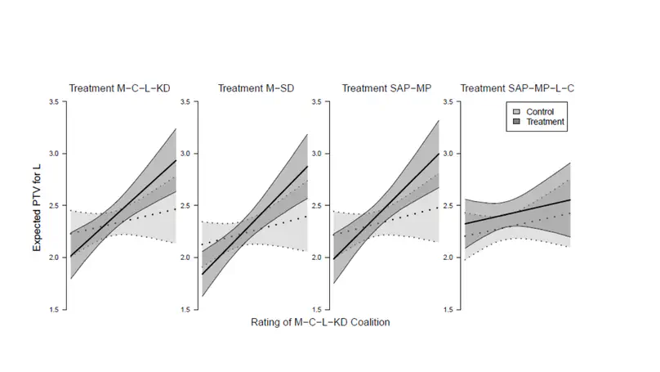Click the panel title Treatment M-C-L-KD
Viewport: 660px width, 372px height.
(125, 88)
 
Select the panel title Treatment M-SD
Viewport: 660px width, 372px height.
(251, 88)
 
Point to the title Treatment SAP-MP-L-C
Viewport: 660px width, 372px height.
(512, 88)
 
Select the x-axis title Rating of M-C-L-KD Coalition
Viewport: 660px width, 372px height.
(320, 322)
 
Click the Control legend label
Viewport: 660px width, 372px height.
(540, 110)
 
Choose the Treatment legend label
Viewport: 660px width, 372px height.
(545, 121)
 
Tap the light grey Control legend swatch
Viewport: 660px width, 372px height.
(515, 110)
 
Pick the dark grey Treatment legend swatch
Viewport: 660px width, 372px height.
(515, 121)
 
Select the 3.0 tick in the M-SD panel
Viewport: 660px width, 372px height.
(186, 154)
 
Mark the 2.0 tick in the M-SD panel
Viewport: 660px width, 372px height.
(186, 258)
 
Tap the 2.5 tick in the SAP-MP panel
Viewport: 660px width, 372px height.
(317, 205)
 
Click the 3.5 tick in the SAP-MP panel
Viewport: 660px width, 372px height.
(317, 101)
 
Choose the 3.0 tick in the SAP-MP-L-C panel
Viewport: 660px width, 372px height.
(448, 154)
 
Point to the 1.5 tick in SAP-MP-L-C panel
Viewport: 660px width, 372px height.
(448, 310)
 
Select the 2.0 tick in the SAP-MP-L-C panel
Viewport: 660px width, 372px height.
(448, 258)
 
